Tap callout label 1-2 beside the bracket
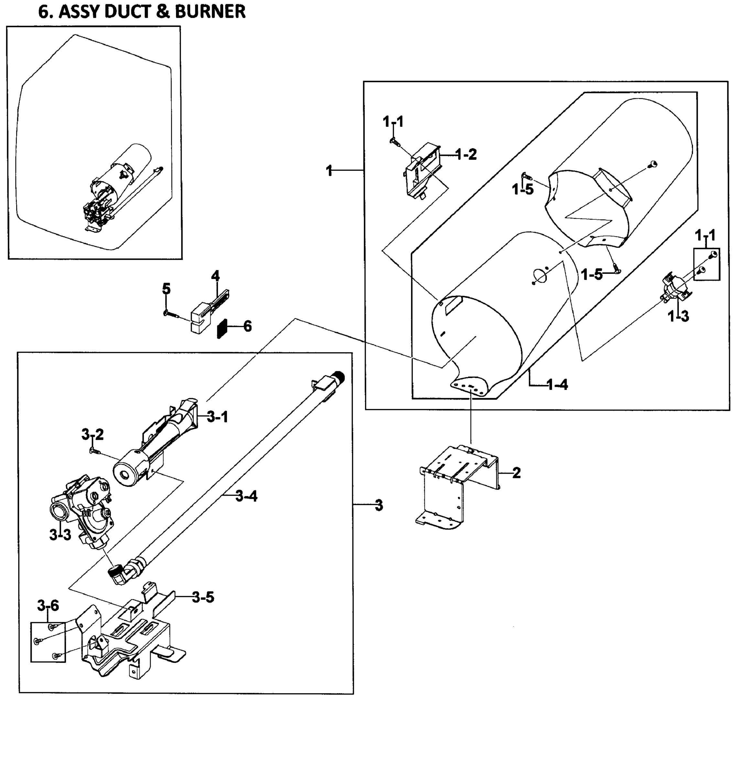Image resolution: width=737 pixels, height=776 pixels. coord(466,154)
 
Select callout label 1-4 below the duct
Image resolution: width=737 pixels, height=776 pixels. coord(558,385)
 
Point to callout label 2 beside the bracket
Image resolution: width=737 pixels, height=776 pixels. coord(516,472)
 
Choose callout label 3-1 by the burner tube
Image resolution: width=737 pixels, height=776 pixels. coord(218,417)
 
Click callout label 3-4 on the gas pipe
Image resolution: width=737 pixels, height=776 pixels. coord(246,496)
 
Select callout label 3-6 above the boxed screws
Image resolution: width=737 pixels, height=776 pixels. coord(48,606)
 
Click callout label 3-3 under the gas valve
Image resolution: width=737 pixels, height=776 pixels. coord(60,534)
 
